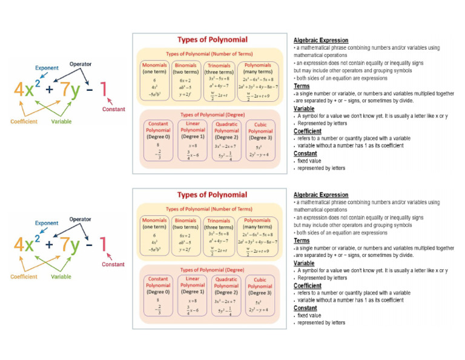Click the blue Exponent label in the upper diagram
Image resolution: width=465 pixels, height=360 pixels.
coord(47,68)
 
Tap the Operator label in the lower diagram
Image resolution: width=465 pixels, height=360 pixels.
coord(81,219)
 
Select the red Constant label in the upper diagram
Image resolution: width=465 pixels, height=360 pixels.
coord(113,110)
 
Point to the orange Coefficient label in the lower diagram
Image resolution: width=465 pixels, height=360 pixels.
coord(24,276)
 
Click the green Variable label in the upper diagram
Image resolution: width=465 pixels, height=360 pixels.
coord(61,121)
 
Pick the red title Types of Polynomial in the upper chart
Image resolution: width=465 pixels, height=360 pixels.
coord(212,39)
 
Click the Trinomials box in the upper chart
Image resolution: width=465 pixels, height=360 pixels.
coord(219,81)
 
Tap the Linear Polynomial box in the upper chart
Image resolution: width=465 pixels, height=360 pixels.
coord(193,141)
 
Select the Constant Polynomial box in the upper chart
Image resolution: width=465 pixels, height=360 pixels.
coord(158,141)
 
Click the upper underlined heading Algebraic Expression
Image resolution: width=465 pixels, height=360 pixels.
coord(321,40)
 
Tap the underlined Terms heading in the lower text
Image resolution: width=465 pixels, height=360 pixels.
coord(302,241)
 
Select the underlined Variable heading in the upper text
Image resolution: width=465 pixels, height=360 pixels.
coord(304,108)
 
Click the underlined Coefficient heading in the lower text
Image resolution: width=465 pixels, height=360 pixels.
coord(308,285)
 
